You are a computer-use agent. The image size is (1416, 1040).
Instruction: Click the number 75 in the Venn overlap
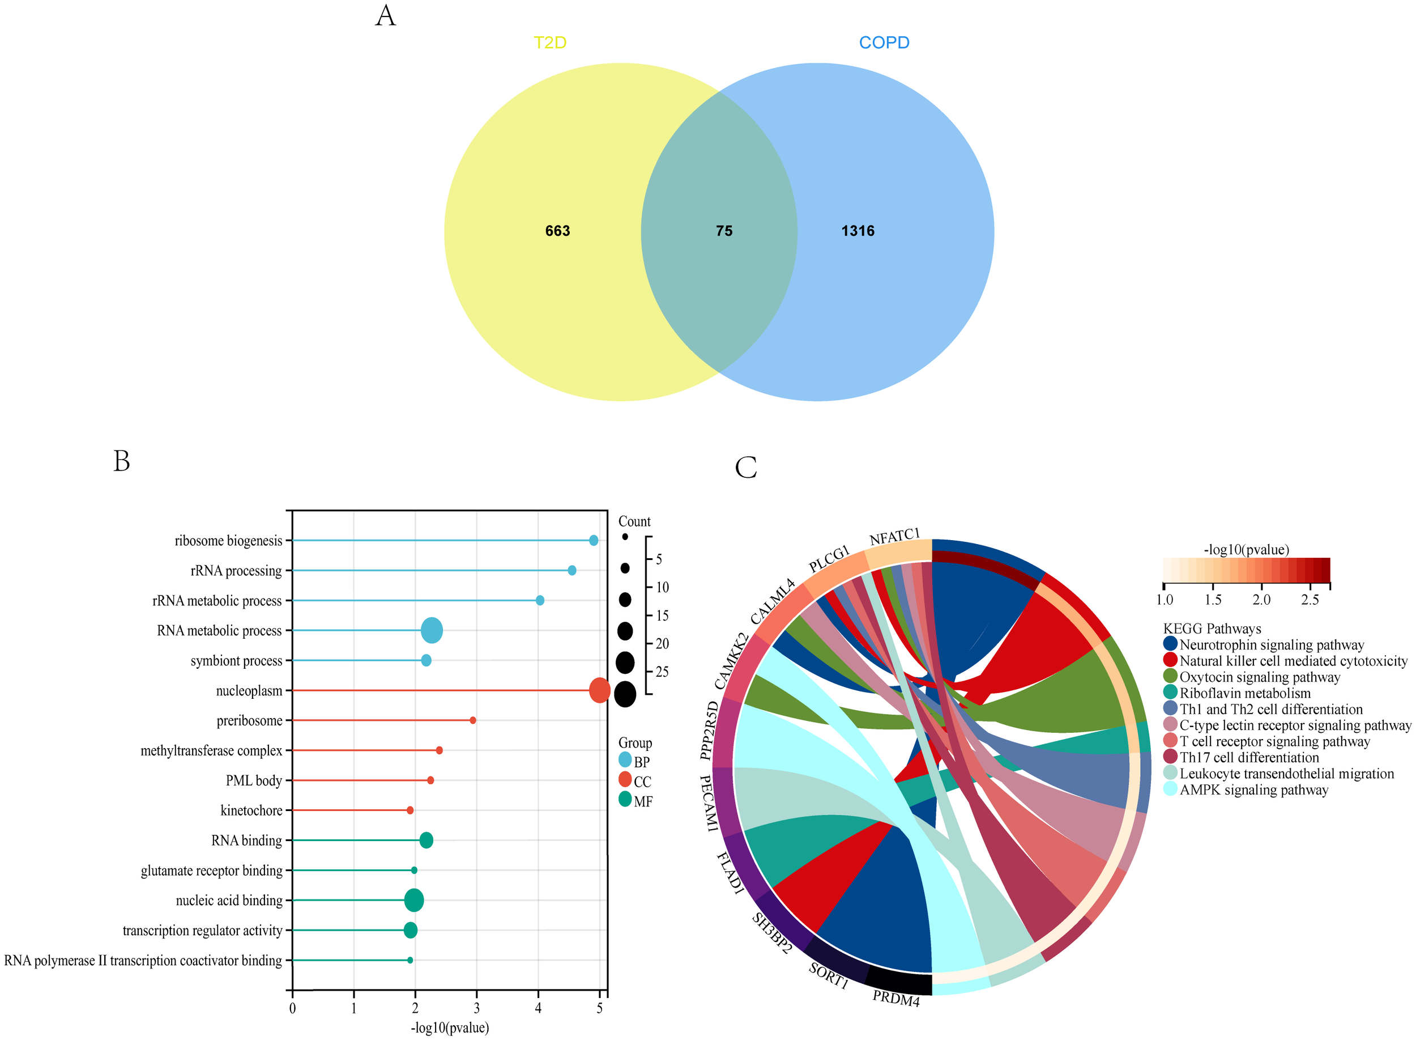[x=723, y=231]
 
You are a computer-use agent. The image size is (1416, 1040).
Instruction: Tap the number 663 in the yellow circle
[x=557, y=231]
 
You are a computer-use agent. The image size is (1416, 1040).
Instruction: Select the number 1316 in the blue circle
[x=858, y=231]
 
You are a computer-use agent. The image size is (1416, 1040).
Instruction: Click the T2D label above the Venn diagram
[x=550, y=43]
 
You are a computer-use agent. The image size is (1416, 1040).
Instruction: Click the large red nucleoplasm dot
[x=599, y=691]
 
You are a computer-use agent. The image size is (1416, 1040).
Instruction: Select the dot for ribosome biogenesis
[x=593, y=540]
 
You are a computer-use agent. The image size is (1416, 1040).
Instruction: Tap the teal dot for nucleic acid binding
[x=414, y=900]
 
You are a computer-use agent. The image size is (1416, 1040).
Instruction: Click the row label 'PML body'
[x=254, y=780]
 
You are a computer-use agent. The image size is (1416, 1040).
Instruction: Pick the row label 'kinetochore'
[x=251, y=811]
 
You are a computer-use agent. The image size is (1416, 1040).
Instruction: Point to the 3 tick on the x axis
[x=476, y=1008]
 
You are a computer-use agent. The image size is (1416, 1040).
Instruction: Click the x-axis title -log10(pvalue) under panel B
[x=450, y=1028]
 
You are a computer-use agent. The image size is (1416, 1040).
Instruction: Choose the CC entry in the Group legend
[x=642, y=782]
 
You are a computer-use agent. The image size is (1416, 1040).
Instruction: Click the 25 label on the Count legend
[x=662, y=672]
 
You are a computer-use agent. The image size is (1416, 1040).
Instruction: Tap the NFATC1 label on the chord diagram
[x=894, y=537]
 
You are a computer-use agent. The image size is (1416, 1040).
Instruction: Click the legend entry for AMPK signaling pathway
[x=1253, y=790]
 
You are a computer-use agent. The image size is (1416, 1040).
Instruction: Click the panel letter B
[x=121, y=461]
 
